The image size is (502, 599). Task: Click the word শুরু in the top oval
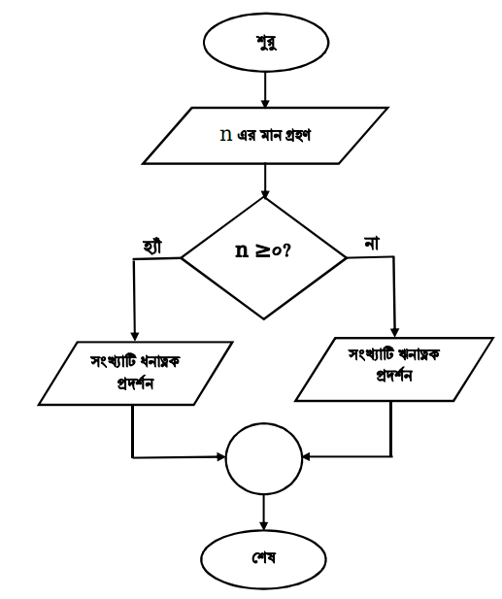[x=266, y=43]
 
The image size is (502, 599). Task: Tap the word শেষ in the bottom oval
[x=263, y=558]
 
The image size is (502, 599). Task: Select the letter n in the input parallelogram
[x=226, y=135]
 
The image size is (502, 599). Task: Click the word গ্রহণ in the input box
[x=298, y=135]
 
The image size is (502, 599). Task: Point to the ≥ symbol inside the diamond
[x=261, y=251]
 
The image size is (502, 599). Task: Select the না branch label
[x=372, y=244]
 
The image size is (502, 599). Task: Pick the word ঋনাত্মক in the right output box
[x=418, y=355]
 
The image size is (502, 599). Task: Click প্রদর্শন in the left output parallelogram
[x=135, y=382]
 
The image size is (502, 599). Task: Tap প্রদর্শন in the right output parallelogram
[x=394, y=376]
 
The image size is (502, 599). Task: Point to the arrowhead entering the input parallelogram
[x=265, y=104]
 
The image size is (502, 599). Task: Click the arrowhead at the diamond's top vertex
[x=265, y=194]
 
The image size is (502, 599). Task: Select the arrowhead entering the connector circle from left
[x=221, y=456]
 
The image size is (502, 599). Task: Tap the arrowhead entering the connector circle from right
[x=307, y=456]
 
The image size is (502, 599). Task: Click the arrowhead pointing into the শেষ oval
[x=263, y=526]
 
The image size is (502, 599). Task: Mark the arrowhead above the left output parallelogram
[x=134, y=336]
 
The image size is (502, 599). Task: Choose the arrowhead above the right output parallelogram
[x=394, y=332]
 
